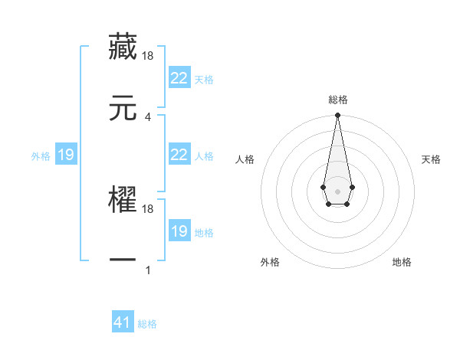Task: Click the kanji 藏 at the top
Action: tap(123, 47)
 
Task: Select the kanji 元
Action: tap(123, 108)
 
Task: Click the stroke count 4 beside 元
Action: tap(148, 116)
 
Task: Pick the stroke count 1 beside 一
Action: tap(148, 270)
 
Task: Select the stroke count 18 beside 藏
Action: tap(148, 55)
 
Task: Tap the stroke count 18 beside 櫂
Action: tap(148, 208)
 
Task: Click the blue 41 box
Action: tap(123, 322)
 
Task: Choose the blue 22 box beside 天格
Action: tap(179, 77)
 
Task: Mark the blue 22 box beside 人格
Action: tap(179, 154)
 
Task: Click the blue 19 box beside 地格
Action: tap(179, 231)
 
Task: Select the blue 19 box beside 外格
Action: tap(66, 155)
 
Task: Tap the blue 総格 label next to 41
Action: tap(147, 324)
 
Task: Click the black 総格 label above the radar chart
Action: tap(338, 100)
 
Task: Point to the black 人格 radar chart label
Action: tap(245, 159)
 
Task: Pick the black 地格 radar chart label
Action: tap(402, 262)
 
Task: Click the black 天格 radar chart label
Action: tap(432, 159)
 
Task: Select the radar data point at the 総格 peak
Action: tap(337, 116)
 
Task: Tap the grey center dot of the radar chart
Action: tap(337, 190)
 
